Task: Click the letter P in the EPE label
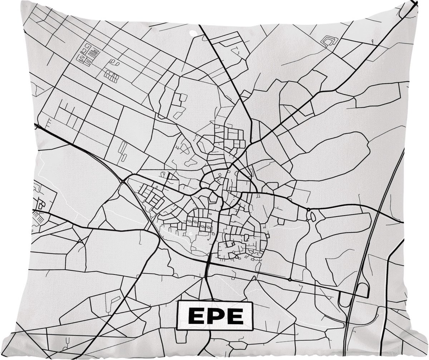[215, 316]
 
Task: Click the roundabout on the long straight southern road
[290, 279]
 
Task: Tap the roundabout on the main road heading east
[308, 209]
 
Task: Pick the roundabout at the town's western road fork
[123, 182]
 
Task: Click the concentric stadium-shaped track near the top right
[329, 41]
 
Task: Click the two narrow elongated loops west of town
[123, 151]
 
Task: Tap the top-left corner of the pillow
[22, 2]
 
